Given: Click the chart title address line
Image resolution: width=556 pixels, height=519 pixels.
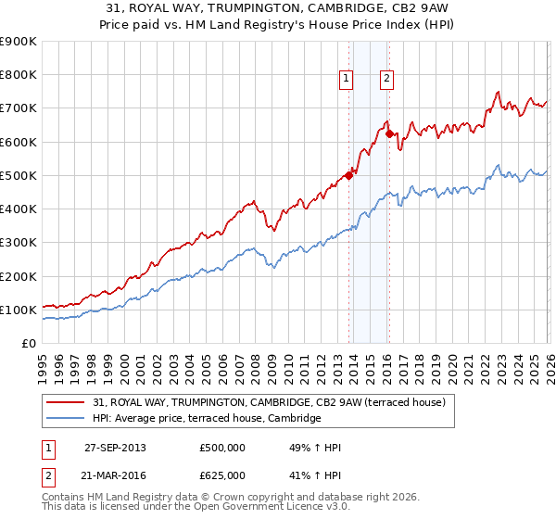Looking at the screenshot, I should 278,8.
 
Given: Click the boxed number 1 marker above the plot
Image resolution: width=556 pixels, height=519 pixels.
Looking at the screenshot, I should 346,80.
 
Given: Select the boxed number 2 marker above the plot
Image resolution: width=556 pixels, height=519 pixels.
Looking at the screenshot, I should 385,80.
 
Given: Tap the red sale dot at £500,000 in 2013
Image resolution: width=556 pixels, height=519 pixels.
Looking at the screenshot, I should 349,175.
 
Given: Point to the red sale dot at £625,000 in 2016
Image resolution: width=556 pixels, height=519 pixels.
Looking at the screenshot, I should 390,133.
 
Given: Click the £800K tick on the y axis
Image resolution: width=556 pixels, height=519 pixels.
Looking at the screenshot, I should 19,75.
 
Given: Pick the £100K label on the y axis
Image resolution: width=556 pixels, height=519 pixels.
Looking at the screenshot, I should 19,310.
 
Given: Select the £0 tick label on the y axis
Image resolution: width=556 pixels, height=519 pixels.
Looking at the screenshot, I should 28,344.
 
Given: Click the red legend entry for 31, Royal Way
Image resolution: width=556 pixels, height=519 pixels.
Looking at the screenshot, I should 270,402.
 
